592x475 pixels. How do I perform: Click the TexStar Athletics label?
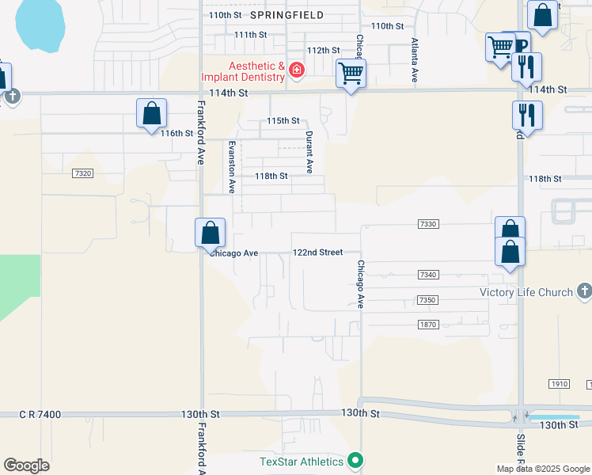(x=302, y=461)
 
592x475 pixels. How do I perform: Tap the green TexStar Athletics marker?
(x=356, y=460)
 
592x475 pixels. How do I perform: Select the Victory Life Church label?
(x=526, y=292)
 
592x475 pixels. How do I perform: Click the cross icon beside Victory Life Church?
(x=584, y=291)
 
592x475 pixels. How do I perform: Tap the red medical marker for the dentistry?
(x=297, y=71)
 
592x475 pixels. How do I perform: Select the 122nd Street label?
(x=317, y=252)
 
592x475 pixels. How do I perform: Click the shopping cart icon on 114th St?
(x=351, y=74)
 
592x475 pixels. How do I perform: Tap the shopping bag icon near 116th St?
(x=151, y=113)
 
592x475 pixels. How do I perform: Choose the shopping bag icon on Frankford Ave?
(x=210, y=233)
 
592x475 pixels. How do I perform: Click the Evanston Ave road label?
(x=232, y=167)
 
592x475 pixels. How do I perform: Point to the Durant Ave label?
(x=309, y=153)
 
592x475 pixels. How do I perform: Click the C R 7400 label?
(x=40, y=414)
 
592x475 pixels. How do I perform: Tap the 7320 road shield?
(x=82, y=173)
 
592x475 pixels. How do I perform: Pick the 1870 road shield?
(x=427, y=325)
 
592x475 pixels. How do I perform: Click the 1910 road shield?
(x=559, y=384)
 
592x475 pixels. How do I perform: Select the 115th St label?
(x=283, y=121)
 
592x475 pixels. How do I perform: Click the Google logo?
(x=26, y=465)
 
